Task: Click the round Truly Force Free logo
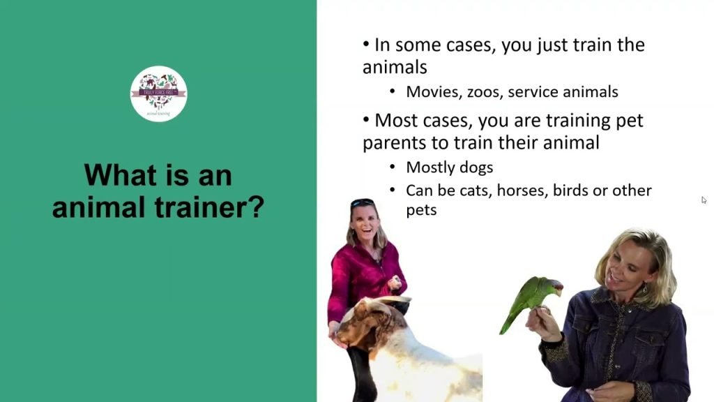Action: point(159,94)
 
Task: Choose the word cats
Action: point(474,190)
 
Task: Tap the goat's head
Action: point(370,325)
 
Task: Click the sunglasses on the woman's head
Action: point(362,203)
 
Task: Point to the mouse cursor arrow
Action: point(704,200)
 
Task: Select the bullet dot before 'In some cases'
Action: point(366,44)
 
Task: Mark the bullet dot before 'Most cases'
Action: point(366,119)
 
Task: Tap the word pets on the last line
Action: point(421,209)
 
